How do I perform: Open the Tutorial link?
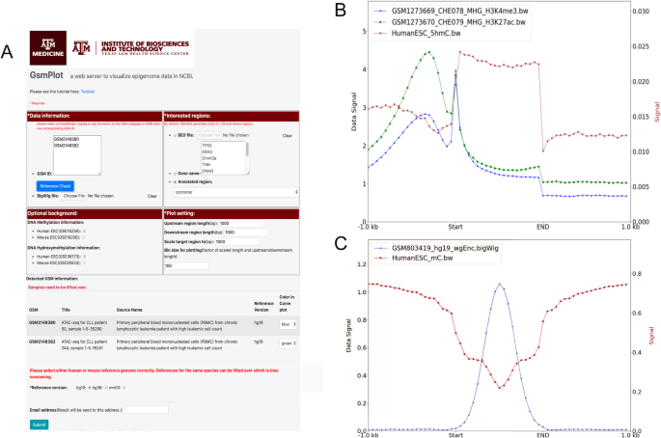(x=88, y=91)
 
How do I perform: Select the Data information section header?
(x=47, y=116)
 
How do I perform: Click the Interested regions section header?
(x=188, y=116)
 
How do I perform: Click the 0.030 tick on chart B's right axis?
(x=648, y=11)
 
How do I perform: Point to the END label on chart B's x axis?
(x=544, y=228)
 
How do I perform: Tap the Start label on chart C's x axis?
(x=455, y=436)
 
